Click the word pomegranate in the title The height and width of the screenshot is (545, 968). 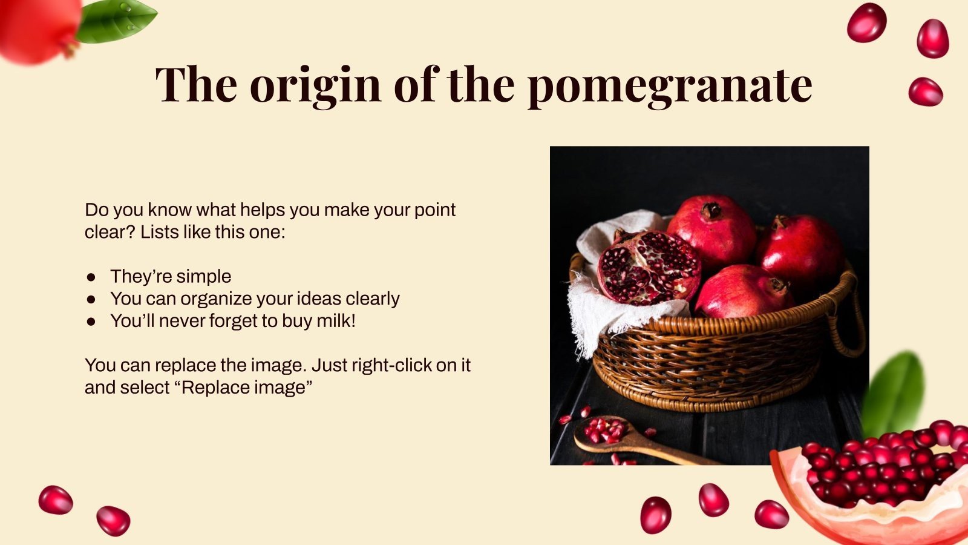[669, 85]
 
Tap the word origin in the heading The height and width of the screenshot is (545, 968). [315, 85]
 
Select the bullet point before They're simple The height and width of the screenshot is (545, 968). [91, 277]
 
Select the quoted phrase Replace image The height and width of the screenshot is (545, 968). [247, 388]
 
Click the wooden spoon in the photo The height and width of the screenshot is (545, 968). [629, 439]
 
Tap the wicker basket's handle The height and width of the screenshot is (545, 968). [854, 321]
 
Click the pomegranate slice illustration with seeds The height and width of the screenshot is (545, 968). [877, 484]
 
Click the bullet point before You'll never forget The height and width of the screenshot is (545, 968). [91, 322]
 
